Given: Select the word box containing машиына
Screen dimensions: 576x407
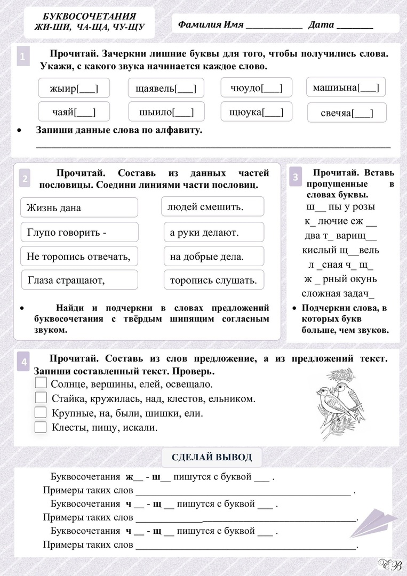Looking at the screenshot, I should (346, 87).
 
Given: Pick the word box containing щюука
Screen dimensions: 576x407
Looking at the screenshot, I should (256, 112).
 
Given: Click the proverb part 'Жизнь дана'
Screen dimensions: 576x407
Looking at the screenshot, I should (79, 207).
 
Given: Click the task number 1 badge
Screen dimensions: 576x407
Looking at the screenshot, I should (22, 56).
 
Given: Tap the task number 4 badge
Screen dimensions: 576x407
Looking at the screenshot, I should (24, 362).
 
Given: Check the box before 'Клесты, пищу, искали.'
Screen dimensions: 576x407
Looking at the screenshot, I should (41, 427).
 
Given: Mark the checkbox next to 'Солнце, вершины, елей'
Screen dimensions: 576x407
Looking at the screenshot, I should (41, 383).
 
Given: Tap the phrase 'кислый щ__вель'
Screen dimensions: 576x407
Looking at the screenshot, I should (340, 250).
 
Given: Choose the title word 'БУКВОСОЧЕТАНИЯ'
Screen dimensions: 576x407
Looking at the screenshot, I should (89, 17).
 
